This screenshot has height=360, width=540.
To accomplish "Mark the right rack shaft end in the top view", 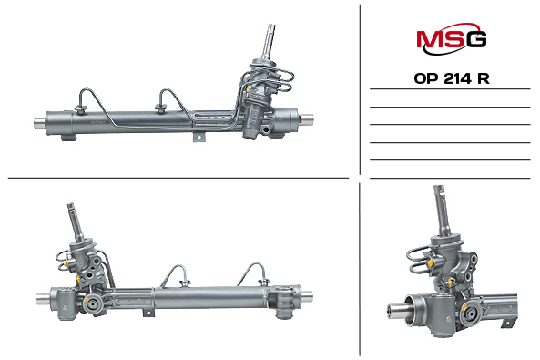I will coord(308,117).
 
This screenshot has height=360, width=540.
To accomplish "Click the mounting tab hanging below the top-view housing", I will coord(199,139).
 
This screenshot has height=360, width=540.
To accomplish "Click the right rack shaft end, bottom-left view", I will coord(310,293).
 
